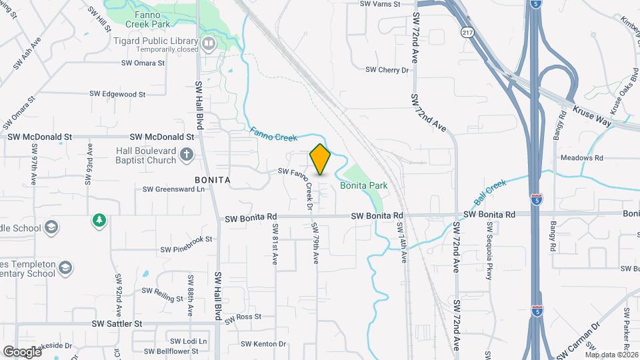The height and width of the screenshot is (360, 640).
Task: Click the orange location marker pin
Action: tap(320, 159)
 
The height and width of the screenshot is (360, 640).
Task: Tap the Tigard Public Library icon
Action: tap(209, 45)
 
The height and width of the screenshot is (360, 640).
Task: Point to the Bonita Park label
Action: tap(364, 185)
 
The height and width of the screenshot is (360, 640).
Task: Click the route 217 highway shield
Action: tap(466, 32)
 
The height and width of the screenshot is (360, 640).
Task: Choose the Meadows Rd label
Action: tap(581, 158)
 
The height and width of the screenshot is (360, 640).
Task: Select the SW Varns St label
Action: tap(379, 4)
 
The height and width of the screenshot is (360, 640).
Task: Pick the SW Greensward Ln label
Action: tap(173, 189)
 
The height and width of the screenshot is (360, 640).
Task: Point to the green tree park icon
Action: tap(99, 219)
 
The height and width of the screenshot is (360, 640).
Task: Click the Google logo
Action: tap(21, 351)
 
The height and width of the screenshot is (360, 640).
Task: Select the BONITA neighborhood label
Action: tap(213, 180)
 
